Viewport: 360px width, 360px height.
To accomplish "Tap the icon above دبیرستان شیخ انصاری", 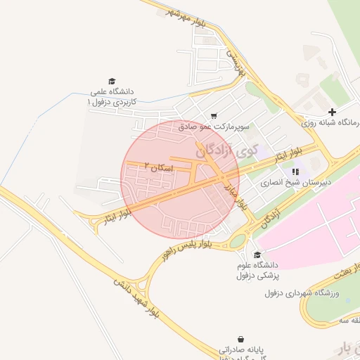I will [x=296, y=171].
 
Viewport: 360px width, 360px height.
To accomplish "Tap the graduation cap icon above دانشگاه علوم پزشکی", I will [x=257, y=255].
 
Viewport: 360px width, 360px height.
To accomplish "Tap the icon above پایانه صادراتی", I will [x=243, y=338].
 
